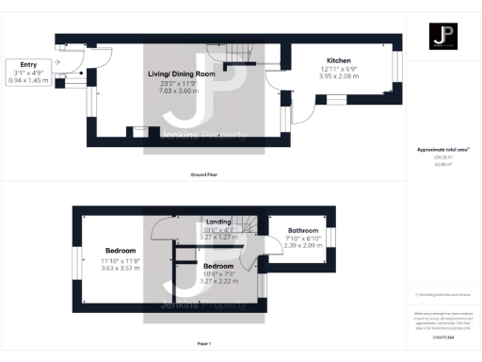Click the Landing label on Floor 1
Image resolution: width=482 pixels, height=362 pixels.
coord(217,222)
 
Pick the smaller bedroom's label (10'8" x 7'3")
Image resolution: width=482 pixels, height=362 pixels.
coord(218,265)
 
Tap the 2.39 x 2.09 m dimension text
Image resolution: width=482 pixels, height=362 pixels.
coord(303,245)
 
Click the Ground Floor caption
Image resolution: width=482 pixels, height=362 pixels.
coord(204,174)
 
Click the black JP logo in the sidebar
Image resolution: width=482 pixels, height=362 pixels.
coord(443,37)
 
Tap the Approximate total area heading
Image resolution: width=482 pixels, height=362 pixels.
coord(442,150)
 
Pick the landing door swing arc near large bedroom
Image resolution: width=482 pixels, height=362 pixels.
coord(162,226)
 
